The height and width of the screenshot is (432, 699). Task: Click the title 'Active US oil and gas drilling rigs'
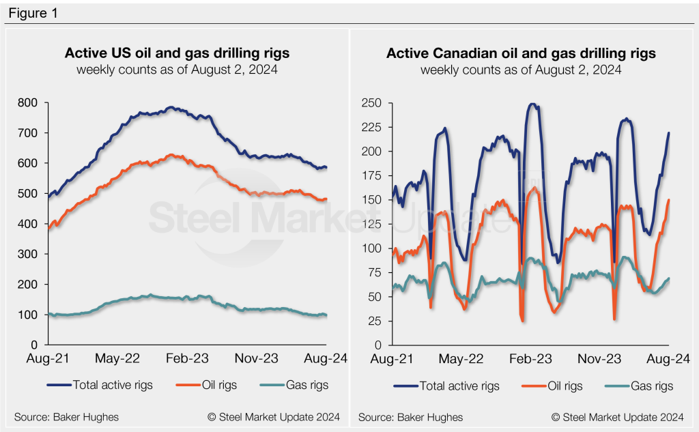(176, 53)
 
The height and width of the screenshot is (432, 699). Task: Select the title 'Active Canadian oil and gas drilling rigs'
(521, 53)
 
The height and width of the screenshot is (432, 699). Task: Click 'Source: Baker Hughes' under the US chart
(66, 417)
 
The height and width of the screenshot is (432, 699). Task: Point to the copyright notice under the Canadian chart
(618, 417)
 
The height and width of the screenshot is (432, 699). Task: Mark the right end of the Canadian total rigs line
(669, 132)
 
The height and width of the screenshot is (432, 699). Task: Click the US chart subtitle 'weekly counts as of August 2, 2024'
(176, 70)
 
